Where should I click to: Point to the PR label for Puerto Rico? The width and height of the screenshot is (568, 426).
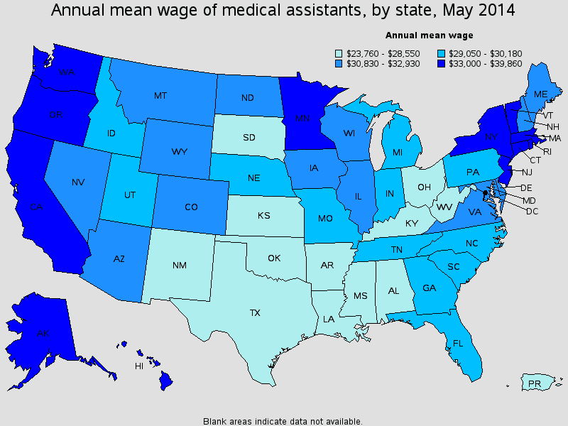tap(535, 384)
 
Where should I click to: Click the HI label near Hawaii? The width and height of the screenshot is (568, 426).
tap(140, 366)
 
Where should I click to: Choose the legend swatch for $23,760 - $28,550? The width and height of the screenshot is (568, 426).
tap(339, 53)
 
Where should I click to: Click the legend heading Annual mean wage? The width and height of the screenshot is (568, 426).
tap(429, 35)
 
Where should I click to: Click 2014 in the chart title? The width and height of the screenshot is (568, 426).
tap(495, 11)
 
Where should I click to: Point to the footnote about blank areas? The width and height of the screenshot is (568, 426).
tap(283, 420)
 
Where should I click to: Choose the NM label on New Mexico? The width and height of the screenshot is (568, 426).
tap(179, 266)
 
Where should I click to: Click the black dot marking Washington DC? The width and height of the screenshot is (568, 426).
tap(486, 192)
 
